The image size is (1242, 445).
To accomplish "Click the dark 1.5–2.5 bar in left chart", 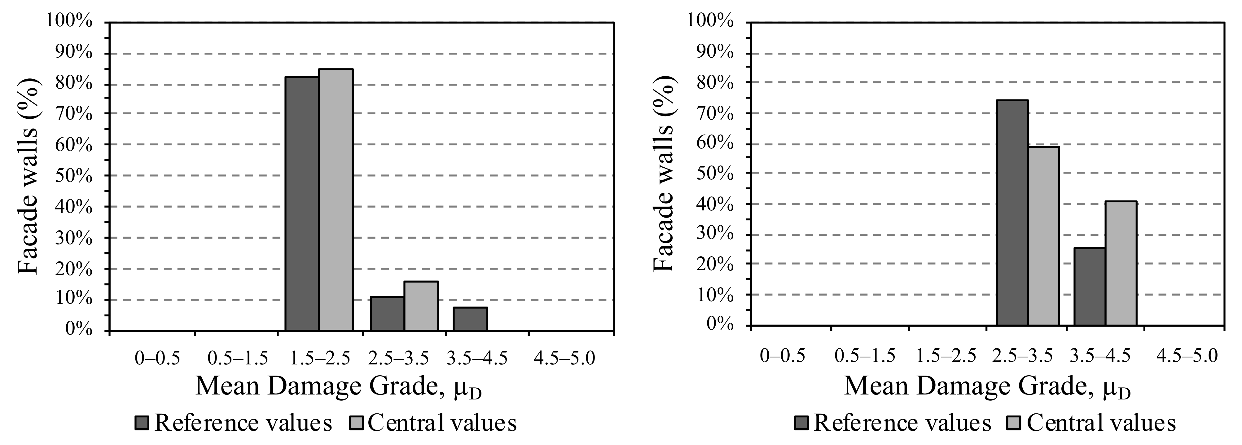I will click(x=302, y=204).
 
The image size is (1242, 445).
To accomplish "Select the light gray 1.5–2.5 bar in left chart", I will click(x=336, y=200).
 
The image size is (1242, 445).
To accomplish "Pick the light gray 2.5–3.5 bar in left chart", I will click(x=421, y=306).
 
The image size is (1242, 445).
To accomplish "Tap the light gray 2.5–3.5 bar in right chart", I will click(x=1043, y=236).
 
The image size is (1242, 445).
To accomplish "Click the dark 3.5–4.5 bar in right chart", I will click(x=1090, y=287).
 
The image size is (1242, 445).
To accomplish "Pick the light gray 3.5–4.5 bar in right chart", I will click(x=1121, y=263).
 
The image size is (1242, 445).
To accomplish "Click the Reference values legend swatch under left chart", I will click(x=143, y=423).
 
